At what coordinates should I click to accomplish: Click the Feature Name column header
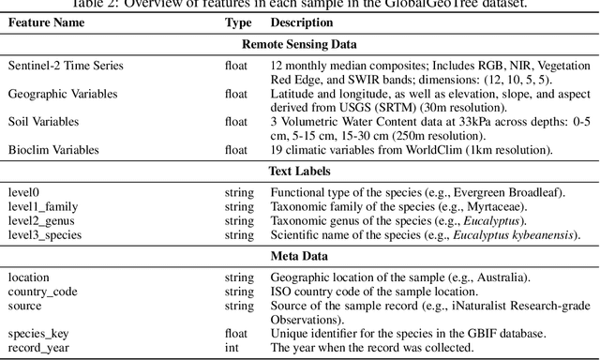click(x=48, y=22)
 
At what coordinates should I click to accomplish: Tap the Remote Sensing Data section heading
click(x=300, y=43)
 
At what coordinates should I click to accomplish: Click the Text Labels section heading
click(x=300, y=172)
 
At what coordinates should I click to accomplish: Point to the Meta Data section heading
click(x=300, y=256)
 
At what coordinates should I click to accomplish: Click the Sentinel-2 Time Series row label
click(x=66, y=67)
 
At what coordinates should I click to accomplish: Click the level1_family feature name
click(x=43, y=205)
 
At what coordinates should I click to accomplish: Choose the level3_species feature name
click(x=47, y=233)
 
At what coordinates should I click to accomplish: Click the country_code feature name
click(x=42, y=291)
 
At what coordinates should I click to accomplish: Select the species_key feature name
click(x=39, y=333)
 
